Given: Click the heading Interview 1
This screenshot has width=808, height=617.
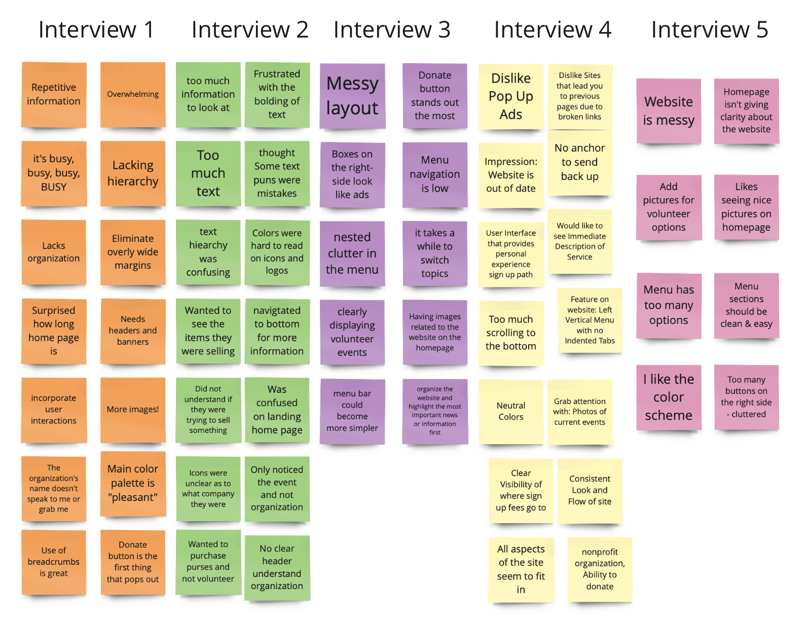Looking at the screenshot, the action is point(96,30).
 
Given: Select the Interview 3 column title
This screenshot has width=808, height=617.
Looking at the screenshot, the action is point(391,30).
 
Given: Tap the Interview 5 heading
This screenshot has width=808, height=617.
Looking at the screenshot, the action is point(709,30).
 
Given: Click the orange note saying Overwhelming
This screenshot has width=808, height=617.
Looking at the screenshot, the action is point(133,94).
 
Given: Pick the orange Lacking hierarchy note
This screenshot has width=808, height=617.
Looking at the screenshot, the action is point(133,173).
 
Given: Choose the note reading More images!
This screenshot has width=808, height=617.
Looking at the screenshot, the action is point(133,410).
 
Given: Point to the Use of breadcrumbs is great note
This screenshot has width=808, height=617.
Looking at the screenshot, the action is point(54,562).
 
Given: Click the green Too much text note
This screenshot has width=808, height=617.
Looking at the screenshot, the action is point(208,173).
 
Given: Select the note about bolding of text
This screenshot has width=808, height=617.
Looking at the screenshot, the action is point(277,94).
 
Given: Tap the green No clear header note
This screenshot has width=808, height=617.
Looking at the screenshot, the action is point(277,567).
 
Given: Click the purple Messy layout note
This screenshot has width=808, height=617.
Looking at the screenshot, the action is point(352,96).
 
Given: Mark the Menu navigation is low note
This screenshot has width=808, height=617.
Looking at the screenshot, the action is point(434,174).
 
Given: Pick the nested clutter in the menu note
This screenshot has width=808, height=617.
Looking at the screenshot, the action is point(352,253).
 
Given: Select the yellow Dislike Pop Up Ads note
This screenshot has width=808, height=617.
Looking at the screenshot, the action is point(510,96).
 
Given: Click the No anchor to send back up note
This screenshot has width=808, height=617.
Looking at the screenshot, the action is point(579,162).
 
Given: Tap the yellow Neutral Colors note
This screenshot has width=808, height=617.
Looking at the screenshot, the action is point(510,411).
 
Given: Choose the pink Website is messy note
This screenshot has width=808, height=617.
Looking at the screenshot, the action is point(669,111).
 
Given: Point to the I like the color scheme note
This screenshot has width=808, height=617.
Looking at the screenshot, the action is point(669,397).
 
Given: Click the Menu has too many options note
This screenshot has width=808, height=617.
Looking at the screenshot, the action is point(669,305).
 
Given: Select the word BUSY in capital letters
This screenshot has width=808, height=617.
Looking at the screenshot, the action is point(54,187).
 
